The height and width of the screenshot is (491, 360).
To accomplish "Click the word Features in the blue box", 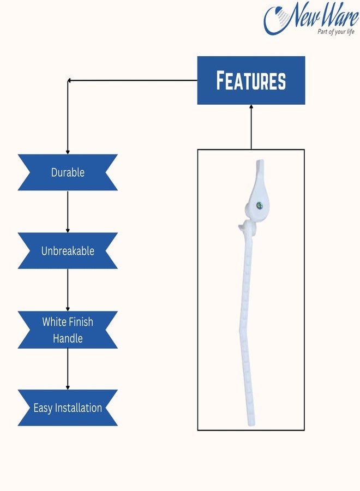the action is (251, 81).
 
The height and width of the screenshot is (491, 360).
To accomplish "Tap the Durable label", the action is (68, 172).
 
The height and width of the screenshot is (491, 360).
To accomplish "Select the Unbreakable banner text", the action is (68, 251).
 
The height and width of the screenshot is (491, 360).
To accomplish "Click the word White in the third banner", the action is (53, 321).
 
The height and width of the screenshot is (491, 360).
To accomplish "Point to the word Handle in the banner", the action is (68, 338).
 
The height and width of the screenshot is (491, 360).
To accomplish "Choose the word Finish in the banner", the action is (80, 321).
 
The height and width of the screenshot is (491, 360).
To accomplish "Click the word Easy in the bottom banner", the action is (43, 408).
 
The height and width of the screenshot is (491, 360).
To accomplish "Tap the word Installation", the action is (78, 408).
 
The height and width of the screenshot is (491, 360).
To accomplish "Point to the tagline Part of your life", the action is (336, 31).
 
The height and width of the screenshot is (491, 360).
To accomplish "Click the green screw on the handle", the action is (260, 206).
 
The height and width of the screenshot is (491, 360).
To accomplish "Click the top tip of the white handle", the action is (260, 161).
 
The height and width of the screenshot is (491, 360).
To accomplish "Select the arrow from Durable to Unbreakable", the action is (68, 212).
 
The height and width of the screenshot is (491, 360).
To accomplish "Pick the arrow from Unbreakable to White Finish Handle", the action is (68, 290).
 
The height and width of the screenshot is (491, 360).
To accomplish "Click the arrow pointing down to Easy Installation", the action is (68, 369).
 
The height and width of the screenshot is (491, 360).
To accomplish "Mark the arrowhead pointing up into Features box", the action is (251, 107).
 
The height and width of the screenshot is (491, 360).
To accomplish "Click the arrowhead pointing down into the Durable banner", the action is (68, 152).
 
